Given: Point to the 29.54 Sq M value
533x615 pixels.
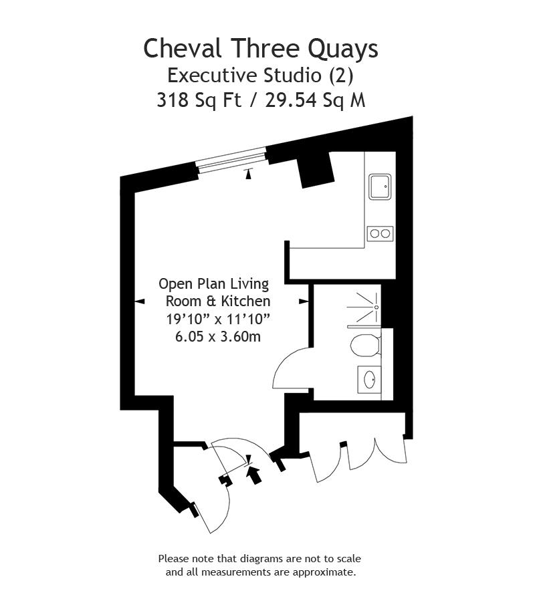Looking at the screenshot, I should [316, 100].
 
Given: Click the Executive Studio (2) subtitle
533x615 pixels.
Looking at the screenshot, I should [260, 74].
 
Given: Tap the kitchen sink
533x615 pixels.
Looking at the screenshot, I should [381, 187].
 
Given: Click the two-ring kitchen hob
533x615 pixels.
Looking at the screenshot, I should [380, 233].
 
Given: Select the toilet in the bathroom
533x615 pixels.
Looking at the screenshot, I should [364, 345].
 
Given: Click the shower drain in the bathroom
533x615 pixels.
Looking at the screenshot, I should [377, 307].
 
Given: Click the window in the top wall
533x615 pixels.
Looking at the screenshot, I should [231, 160].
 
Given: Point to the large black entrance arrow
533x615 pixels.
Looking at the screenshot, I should [254, 473].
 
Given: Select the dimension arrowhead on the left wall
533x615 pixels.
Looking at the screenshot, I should [140, 302].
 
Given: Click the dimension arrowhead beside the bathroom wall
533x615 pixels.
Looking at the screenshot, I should [303, 302].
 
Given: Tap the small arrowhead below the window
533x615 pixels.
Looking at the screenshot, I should [249, 174].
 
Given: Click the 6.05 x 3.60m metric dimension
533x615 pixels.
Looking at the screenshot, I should [218, 337].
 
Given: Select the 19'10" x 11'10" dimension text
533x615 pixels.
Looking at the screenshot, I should [218, 319].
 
